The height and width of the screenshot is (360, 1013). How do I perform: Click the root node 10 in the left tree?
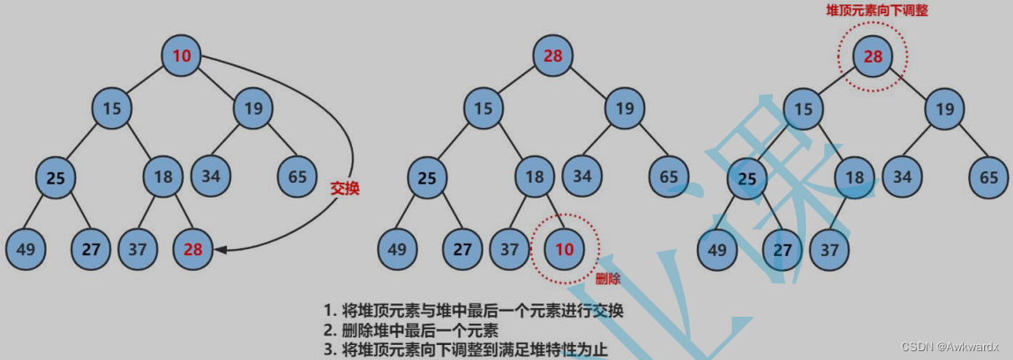(x=182, y=56)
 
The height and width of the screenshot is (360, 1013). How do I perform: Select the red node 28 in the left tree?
(x=193, y=249)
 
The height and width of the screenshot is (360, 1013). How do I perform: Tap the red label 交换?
(x=345, y=188)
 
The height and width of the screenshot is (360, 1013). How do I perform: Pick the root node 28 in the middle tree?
(x=553, y=56)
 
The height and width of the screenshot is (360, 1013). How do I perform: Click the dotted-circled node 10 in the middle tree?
(x=564, y=249)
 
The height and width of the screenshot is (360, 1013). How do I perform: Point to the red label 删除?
(x=608, y=279)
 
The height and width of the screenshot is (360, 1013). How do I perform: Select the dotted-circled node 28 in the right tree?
(x=873, y=56)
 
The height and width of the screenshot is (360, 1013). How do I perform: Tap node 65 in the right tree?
(x=989, y=176)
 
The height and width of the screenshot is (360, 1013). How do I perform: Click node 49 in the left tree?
(x=26, y=249)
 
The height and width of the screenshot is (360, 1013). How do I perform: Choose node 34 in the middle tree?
(x=582, y=176)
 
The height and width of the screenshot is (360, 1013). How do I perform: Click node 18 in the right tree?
(x=854, y=176)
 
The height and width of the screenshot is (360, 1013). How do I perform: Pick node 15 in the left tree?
(x=112, y=109)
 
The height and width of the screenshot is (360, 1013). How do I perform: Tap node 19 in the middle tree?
(x=625, y=109)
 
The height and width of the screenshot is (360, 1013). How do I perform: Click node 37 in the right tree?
(x=829, y=249)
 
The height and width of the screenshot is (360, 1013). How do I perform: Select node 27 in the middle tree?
(x=464, y=249)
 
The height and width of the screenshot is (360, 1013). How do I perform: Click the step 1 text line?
(x=473, y=311)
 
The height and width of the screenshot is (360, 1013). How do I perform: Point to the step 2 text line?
(x=411, y=331)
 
